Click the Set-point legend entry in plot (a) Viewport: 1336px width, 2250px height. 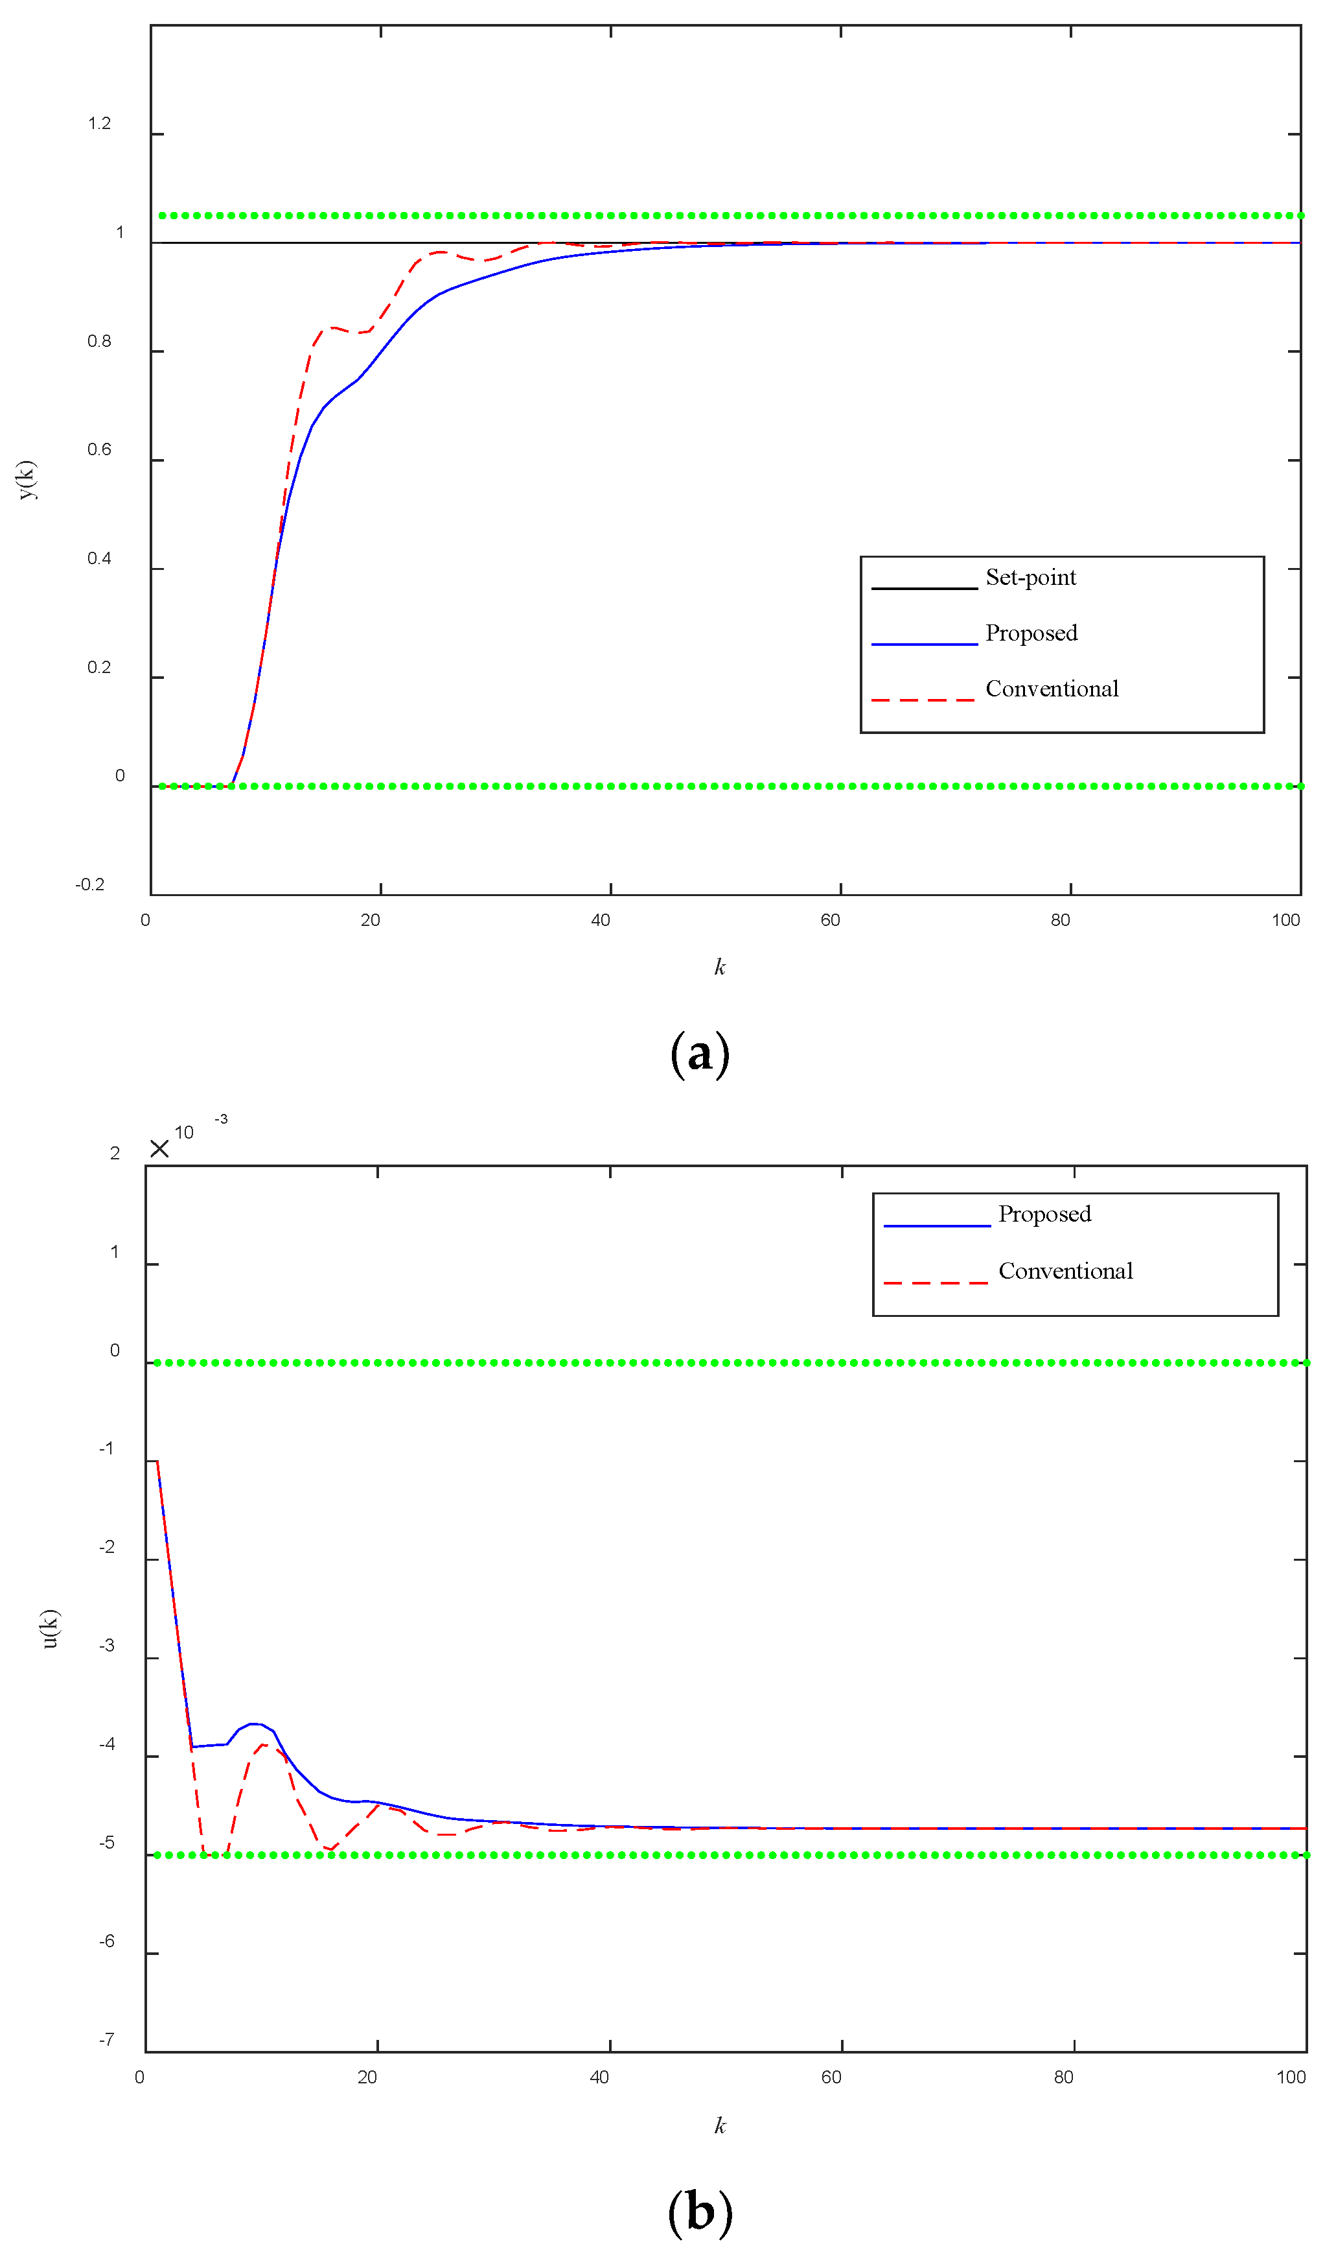pyautogui.click(x=1030, y=577)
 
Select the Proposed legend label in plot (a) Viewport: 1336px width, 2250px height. pyautogui.click(x=1031, y=634)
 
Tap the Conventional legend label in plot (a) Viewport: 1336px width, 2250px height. pyautogui.click(x=1052, y=689)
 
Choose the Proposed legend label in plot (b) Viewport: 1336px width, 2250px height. pyautogui.click(x=1044, y=1214)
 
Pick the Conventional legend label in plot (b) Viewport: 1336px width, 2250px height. pyautogui.click(x=1065, y=1271)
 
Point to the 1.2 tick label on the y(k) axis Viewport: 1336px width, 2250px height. pyautogui.click(x=99, y=123)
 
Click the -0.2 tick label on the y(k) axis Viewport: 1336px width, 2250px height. pyautogui.click(x=90, y=884)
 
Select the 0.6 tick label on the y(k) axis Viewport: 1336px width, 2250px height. pyautogui.click(x=99, y=449)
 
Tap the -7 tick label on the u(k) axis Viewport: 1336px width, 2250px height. pyautogui.click(x=106, y=2039)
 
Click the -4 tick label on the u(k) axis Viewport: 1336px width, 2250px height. pyautogui.click(x=106, y=1744)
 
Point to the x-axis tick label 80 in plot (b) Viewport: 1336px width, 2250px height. pyautogui.click(x=1063, y=2077)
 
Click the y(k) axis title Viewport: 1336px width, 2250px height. pyautogui.click(x=27, y=479)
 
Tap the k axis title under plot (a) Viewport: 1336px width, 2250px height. pyautogui.click(x=719, y=967)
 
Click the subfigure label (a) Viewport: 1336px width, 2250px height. pyautogui.click(x=700, y=1054)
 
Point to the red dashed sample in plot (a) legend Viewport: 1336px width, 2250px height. pyautogui.click(x=923, y=700)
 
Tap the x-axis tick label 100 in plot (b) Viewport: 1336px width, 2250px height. pyautogui.click(x=1290, y=2077)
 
